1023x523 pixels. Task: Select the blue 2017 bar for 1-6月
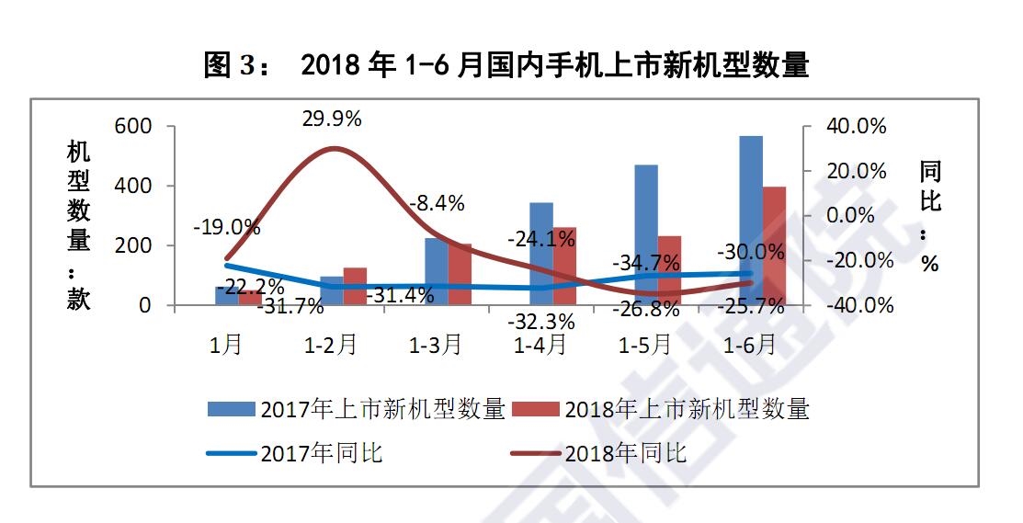coord(751,221)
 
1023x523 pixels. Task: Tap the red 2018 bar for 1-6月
coord(774,245)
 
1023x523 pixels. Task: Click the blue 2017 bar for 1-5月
coord(646,234)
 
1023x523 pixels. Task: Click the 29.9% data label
coord(331,119)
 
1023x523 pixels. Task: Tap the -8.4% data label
coord(436,203)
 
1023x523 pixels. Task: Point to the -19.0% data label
coord(226,227)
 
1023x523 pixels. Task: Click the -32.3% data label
coord(542,322)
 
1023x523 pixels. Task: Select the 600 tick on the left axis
coord(132,126)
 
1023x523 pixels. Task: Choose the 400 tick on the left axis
coord(132,186)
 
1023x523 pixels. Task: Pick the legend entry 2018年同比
coord(625,453)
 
